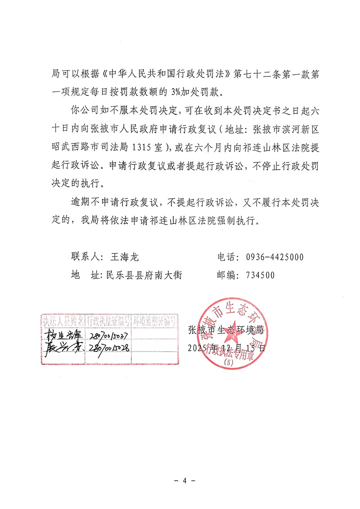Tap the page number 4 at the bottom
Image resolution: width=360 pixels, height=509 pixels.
click(184, 481)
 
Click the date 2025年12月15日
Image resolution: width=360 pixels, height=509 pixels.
click(227, 348)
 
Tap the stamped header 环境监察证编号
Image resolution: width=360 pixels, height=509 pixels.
click(154, 321)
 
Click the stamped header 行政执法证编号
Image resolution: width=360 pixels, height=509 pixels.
click(108, 321)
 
